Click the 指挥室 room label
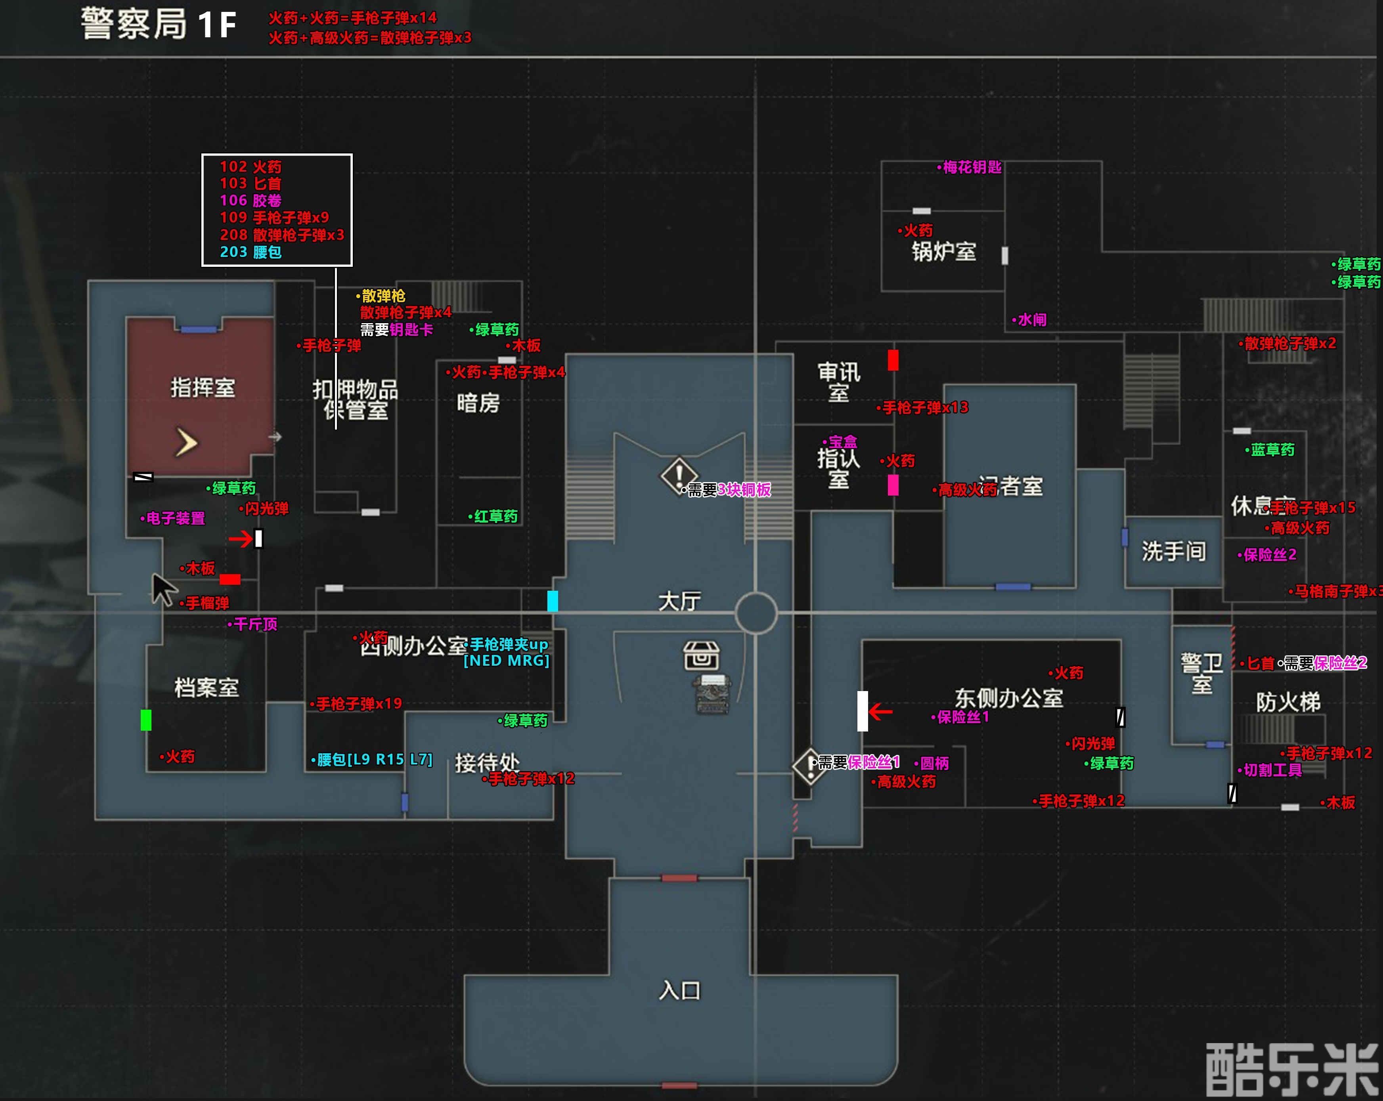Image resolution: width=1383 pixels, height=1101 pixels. coord(203,387)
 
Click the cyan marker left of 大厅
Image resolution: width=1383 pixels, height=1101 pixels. coord(552,601)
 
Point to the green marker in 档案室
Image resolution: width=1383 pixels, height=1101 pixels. coord(146,720)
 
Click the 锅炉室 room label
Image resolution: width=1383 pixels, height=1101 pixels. coord(943,251)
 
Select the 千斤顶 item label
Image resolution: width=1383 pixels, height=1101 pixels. coord(254,624)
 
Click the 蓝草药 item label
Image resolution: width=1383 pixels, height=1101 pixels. coord(1271,450)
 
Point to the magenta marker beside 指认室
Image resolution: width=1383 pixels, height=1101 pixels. coord(892,485)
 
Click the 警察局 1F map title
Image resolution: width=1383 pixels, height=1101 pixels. coord(159,24)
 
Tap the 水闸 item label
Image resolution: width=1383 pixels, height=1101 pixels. coord(1031,320)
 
